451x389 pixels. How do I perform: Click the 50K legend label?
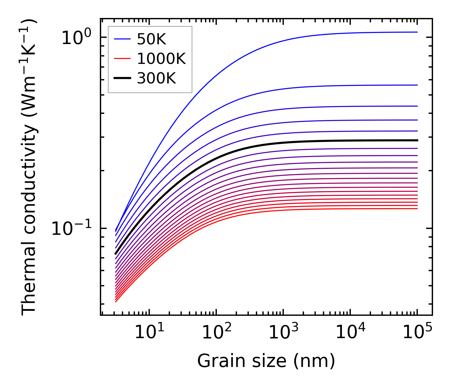pos(151,39)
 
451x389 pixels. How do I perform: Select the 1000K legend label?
pos(161,59)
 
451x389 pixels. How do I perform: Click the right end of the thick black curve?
pos(418,140)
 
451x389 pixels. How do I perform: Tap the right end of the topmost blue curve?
pos(418,32)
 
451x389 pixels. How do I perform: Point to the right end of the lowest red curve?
pos(418,208)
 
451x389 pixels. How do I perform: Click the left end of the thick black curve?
pos(115,254)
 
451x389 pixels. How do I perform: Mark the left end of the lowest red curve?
pos(115,302)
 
